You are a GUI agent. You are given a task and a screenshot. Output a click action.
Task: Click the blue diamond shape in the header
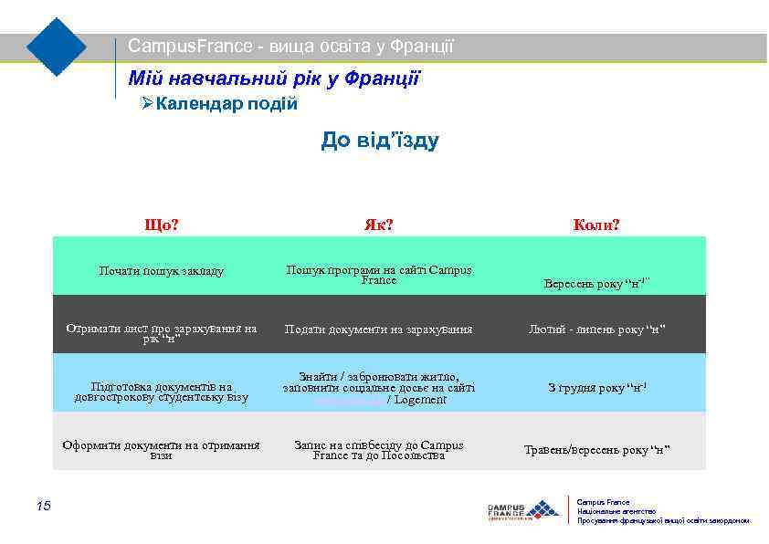[57, 47]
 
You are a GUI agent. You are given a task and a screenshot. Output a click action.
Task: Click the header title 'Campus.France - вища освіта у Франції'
[290, 46]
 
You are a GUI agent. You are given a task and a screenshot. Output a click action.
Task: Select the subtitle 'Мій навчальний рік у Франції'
[274, 79]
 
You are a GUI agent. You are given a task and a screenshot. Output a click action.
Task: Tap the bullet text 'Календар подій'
[226, 104]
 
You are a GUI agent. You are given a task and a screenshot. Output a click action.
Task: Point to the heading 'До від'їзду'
[380, 141]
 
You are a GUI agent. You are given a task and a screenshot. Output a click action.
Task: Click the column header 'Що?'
[162, 225]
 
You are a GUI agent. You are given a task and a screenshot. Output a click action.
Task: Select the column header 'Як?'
[378, 225]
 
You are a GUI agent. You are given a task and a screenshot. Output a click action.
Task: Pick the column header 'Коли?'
[595, 225]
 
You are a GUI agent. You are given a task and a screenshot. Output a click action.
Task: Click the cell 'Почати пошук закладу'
[162, 271]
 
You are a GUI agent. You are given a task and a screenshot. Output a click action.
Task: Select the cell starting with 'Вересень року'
[595, 283]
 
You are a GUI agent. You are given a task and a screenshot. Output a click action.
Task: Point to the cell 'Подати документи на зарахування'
[378, 330]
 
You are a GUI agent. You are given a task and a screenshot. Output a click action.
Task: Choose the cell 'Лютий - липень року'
[595, 330]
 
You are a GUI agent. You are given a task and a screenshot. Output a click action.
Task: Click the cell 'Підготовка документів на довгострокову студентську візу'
[162, 392]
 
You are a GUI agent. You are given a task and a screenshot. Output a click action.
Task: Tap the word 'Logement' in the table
[419, 400]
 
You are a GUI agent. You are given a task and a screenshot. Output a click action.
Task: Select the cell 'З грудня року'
[595, 388]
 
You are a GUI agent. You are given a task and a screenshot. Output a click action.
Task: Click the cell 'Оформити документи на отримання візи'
[162, 450]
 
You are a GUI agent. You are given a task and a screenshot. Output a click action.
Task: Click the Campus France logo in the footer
[522, 510]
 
